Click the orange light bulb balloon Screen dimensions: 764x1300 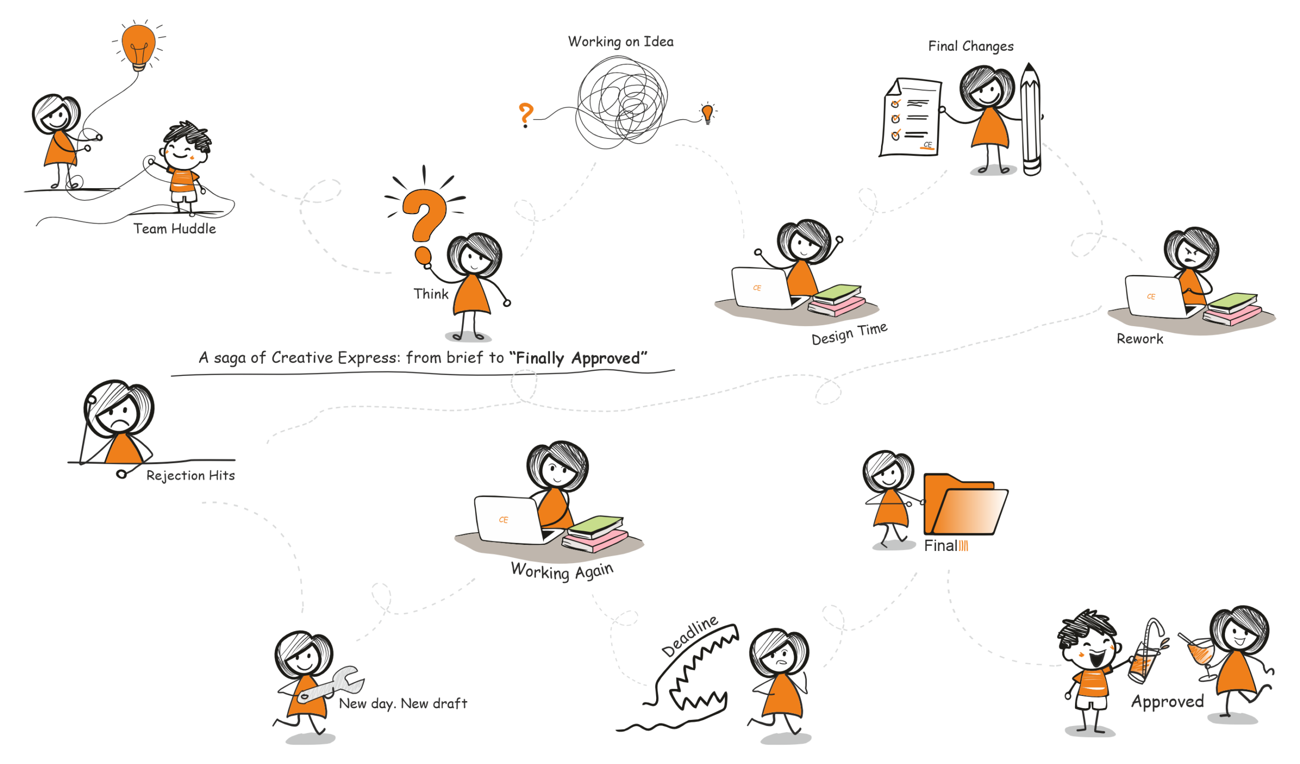coord(138,45)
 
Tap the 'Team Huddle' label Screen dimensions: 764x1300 coord(174,228)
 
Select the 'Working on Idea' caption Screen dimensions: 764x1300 coord(621,42)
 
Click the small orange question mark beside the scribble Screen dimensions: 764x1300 coord(525,114)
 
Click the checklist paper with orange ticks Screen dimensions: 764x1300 coord(911,118)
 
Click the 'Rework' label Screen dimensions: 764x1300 coord(1140,339)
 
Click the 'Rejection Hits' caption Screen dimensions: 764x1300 coord(190,475)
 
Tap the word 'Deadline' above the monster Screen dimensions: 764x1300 coord(690,635)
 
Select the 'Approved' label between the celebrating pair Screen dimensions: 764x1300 coord(1167,702)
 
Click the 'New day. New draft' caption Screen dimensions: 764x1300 coord(402,704)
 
